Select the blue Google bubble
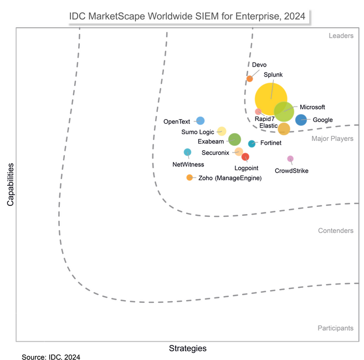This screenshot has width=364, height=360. (301, 120)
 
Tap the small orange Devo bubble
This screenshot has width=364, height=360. (250, 78)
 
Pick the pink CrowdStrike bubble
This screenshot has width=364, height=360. (290, 159)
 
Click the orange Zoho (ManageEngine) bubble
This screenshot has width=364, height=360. (189, 178)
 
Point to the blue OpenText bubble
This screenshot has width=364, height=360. (201, 120)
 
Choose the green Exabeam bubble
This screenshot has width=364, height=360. (234, 139)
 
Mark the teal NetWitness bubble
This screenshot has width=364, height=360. (187, 152)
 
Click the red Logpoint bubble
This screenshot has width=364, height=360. (245, 157)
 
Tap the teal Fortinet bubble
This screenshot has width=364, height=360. (252, 144)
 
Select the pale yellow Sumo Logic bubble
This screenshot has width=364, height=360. (222, 131)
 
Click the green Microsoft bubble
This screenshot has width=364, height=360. (284, 111)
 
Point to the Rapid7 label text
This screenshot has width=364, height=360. (265, 119)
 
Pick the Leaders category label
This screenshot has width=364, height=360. (341, 36)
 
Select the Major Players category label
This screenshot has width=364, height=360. (332, 139)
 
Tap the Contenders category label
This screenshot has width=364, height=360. (336, 230)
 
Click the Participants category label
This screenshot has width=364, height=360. (335, 328)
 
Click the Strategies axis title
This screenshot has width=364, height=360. (187, 348)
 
